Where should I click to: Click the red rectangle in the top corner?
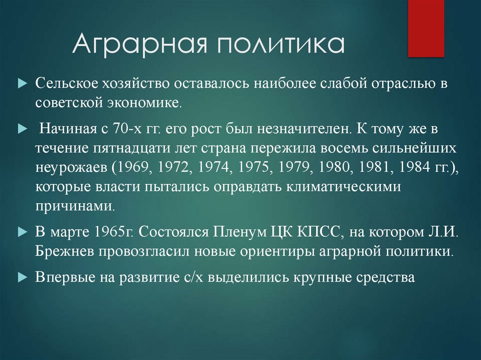coord(426,28)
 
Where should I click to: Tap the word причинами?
coord(74,206)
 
